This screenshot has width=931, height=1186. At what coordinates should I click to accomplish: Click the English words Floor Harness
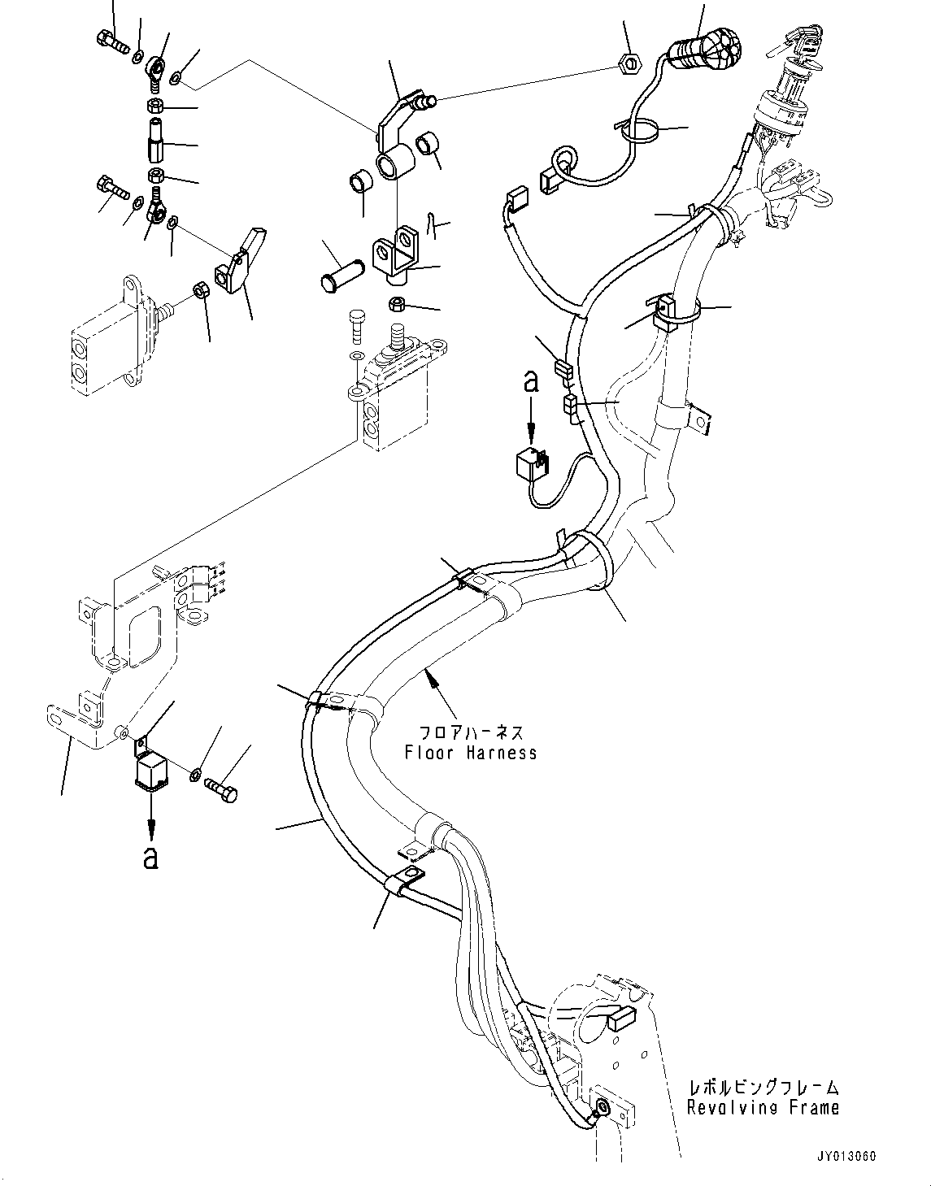[471, 753]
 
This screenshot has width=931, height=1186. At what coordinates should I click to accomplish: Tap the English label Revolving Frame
[763, 1107]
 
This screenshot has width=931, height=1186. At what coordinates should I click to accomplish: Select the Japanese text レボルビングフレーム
[763, 1087]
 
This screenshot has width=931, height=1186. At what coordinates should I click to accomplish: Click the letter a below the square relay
[150, 858]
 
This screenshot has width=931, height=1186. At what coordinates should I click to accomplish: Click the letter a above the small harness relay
[530, 382]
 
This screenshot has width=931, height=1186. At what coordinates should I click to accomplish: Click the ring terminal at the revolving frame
[601, 1107]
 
